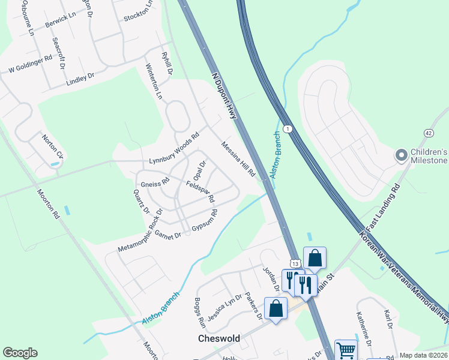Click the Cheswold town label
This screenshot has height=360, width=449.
219,338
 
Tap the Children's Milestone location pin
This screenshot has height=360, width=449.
401,155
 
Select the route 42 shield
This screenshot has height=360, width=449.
428,133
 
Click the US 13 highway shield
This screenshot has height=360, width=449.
294,263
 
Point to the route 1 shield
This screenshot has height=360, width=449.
289,129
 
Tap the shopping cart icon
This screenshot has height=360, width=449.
346,349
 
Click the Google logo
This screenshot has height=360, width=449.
20,353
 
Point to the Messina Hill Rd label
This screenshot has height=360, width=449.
238,159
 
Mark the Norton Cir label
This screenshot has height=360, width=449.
52,146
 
